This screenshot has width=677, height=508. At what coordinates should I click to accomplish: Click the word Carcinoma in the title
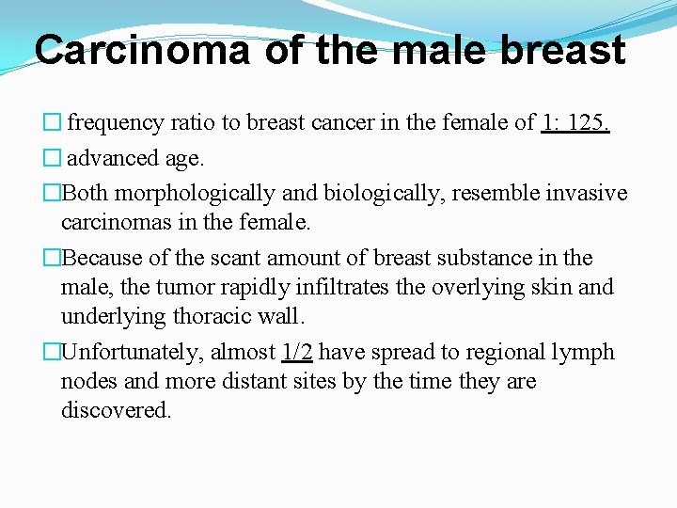[x=142, y=50]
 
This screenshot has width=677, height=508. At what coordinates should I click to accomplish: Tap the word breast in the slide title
[x=562, y=50]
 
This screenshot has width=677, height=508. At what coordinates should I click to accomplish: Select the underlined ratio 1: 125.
[x=575, y=122]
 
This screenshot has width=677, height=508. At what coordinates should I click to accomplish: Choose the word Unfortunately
[x=131, y=352]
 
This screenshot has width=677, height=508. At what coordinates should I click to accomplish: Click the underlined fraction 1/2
[x=297, y=352]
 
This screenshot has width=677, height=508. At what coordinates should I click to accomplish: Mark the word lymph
[x=582, y=352]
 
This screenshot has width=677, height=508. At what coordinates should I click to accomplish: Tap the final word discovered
[x=116, y=410]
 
